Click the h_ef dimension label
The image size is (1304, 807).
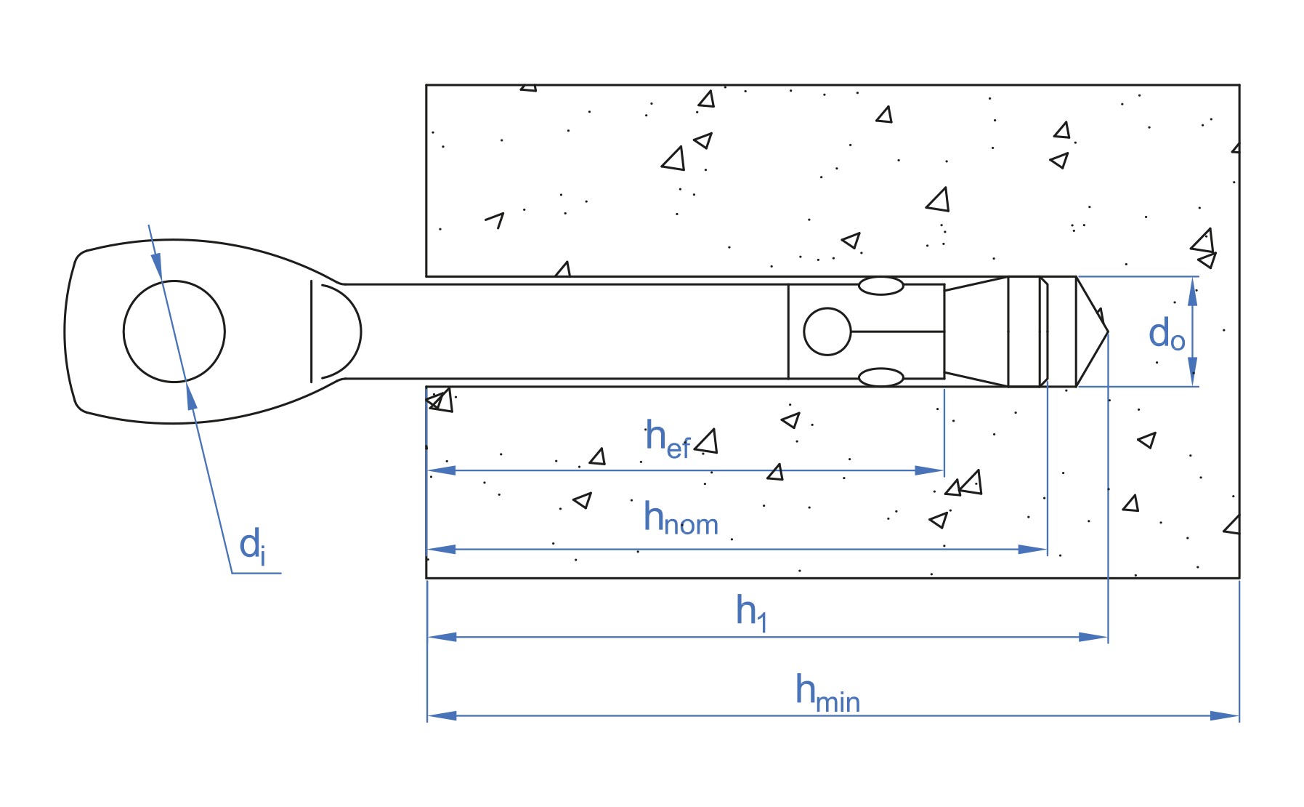coord(668,439)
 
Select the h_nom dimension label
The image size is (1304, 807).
coord(681,518)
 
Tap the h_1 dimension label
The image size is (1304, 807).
coord(751,612)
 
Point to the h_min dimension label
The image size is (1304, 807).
coord(827,694)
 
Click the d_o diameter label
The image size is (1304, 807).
coord(1167,334)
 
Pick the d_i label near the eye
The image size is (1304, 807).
coord(252,545)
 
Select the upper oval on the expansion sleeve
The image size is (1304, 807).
coord(881,286)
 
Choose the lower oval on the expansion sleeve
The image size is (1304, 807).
coord(881,377)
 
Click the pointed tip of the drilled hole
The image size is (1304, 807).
coord(1108,332)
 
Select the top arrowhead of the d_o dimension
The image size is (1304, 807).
coord(1192,291)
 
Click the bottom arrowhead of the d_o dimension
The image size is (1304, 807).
coord(1192,372)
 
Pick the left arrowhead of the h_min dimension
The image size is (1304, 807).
coord(442,715)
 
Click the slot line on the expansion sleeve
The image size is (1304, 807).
coord(897,332)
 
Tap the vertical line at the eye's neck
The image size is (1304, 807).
coord(312,332)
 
